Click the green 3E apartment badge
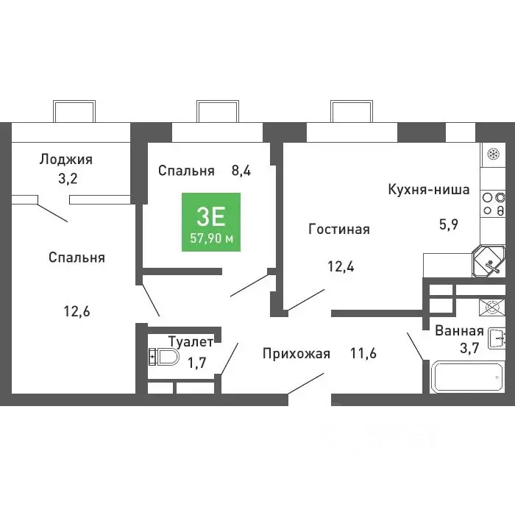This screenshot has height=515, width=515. pyautogui.click(x=210, y=221)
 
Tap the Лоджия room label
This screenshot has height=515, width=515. pyautogui.click(x=66, y=159)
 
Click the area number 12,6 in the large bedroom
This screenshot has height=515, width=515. pyautogui.click(x=77, y=310)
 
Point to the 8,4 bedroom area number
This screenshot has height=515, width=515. pyautogui.click(x=241, y=171)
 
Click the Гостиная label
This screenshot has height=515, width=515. pyautogui.click(x=338, y=230)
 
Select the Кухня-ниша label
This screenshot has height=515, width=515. pyautogui.click(x=429, y=189)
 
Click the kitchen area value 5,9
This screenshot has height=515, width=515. pyautogui.click(x=449, y=225)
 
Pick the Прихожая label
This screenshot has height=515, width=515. pyautogui.click(x=296, y=354)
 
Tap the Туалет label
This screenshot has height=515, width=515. pyautogui.click(x=191, y=341)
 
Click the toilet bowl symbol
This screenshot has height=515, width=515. pyautogui.click(x=164, y=358)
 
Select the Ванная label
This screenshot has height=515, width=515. pyautogui.click(x=459, y=330)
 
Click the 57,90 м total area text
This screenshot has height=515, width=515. pyautogui.click(x=210, y=238)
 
